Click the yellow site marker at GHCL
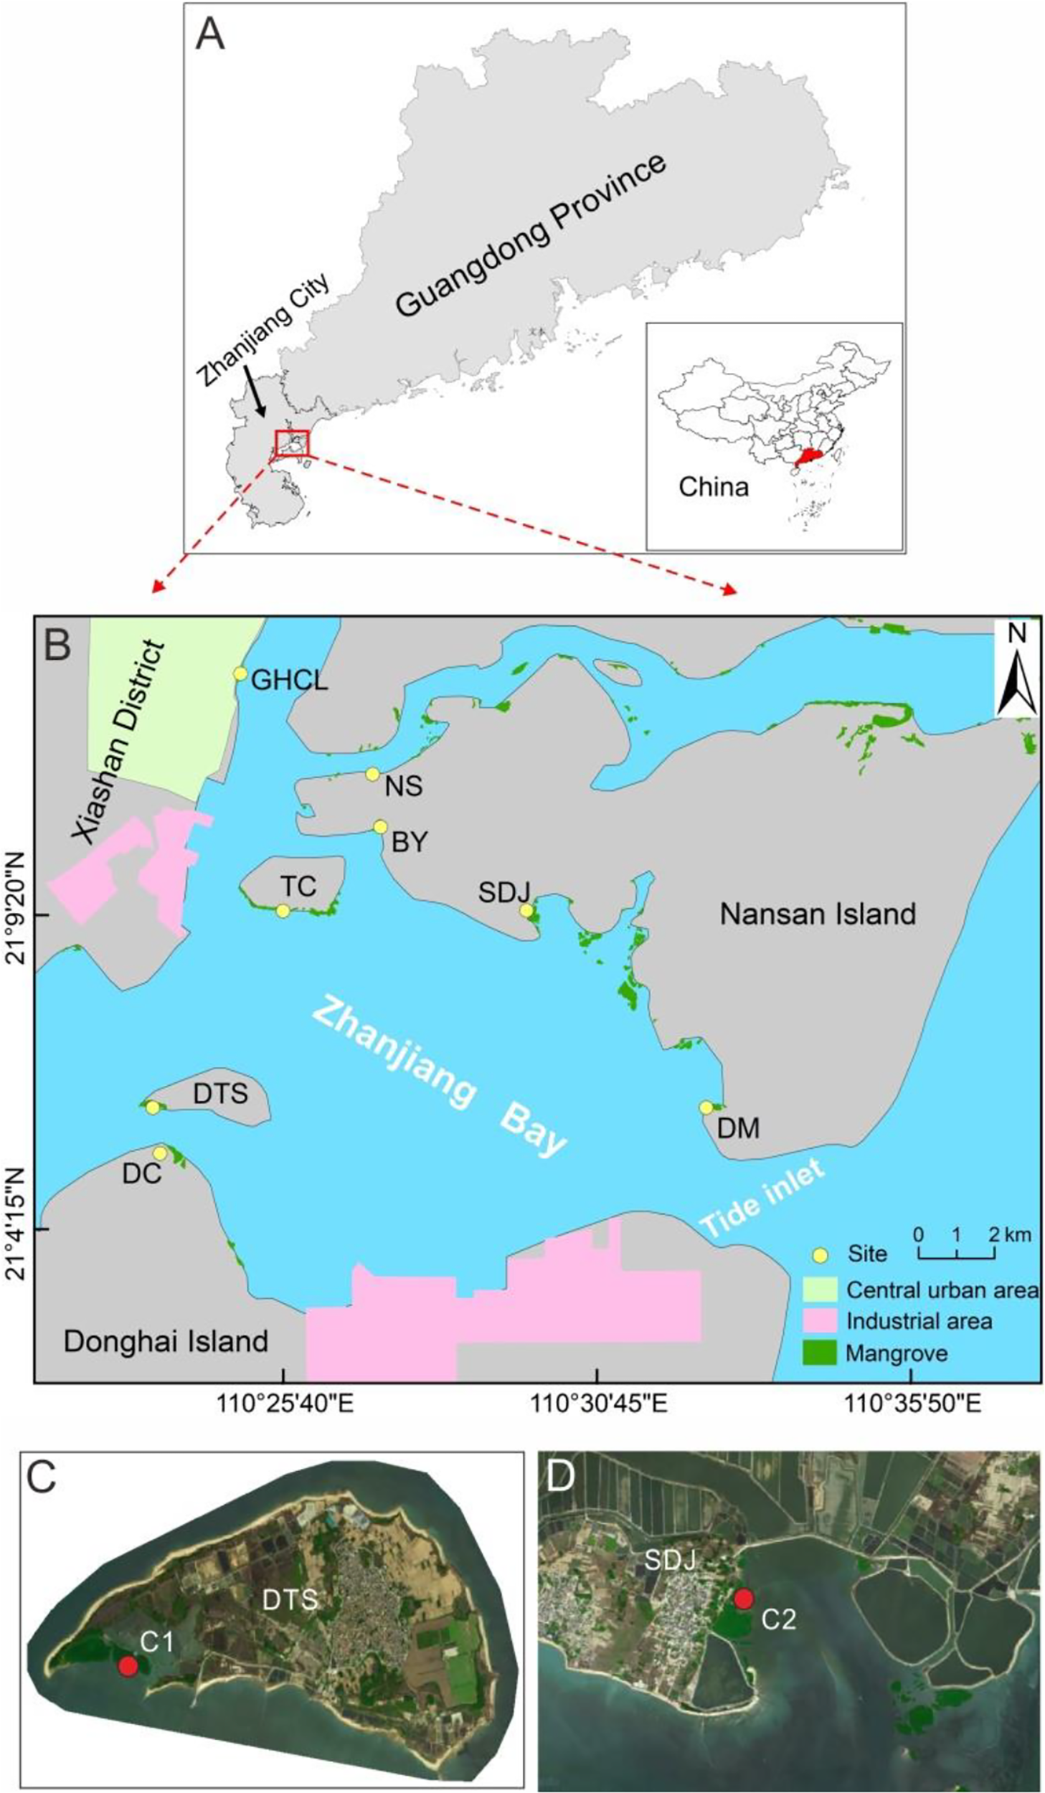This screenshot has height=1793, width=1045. click(240, 673)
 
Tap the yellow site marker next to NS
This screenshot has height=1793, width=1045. click(372, 774)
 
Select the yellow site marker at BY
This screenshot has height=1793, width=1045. click(380, 827)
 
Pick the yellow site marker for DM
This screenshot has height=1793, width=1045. click(706, 1107)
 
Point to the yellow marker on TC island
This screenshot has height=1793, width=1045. click(283, 911)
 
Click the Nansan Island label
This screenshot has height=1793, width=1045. click(818, 914)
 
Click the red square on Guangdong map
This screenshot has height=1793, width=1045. click(292, 443)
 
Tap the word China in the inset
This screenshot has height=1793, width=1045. click(714, 487)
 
